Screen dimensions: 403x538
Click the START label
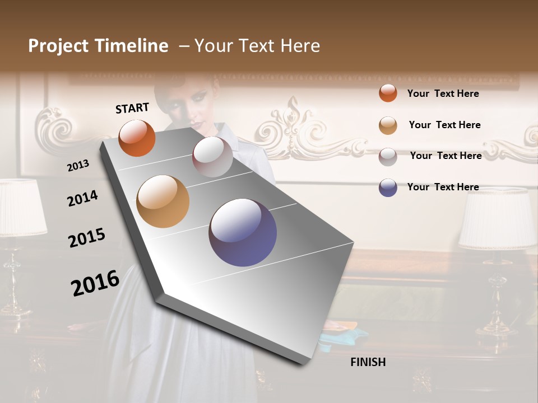tap(132, 108)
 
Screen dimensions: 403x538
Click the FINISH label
tap(368, 362)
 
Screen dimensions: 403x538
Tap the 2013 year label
tap(78, 166)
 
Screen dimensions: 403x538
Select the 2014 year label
tap(82, 198)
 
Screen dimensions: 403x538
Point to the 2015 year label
tap(87, 238)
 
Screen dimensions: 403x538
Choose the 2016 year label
tap(95, 283)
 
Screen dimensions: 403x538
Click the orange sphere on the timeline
tap(137, 138)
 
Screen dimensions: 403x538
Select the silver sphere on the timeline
tap(212, 157)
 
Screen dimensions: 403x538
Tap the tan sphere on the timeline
tap(163, 201)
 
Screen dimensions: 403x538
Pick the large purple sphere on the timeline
tap(243, 232)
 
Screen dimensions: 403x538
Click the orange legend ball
tap(388, 93)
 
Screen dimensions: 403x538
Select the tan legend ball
tap(388, 125)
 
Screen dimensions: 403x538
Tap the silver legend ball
tap(388, 157)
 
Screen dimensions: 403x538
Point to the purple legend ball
tap(388, 188)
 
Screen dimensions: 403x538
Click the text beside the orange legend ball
tap(443, 93)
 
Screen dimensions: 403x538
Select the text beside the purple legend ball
tap(443, 187)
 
